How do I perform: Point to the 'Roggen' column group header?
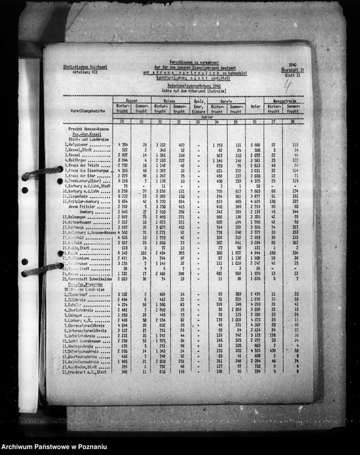click(130, 100)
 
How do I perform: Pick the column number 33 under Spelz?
click(199, 121)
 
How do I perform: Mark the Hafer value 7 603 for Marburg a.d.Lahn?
click(256, 190)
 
